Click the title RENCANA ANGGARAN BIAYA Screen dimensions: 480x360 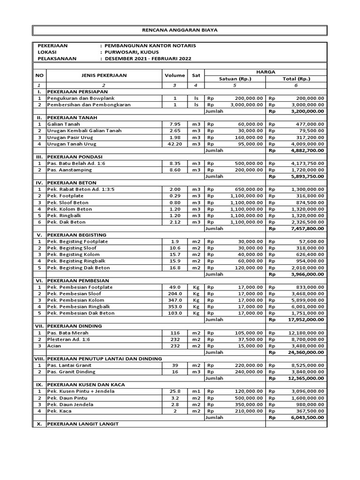(x=180, y=30)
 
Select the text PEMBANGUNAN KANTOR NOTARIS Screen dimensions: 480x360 (x=151, y=45)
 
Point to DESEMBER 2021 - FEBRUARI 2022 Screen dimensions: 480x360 (x=148, y=59)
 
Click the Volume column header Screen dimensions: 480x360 (x=174, y=75)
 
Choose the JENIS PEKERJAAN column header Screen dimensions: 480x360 (x=104, y=75)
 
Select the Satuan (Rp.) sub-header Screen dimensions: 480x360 (x=235, y=79)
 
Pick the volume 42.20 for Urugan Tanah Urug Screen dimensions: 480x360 (x=174, y=144)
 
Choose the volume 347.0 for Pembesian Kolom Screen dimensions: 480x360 (x=174, y=300)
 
